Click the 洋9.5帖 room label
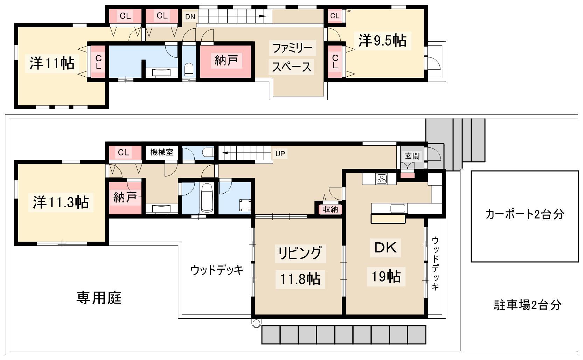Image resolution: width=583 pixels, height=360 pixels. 382,41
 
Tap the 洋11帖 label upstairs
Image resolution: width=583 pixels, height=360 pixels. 52,63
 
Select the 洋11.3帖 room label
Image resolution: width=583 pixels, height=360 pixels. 61,202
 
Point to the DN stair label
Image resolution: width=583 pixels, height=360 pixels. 190,17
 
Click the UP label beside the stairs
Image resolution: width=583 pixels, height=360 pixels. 280,154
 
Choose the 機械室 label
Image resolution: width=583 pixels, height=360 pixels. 162,152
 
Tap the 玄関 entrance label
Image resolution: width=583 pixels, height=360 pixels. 412,156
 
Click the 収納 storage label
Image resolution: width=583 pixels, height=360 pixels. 330,209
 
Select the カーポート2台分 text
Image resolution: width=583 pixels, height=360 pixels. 525,214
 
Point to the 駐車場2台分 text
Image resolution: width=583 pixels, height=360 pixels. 527,305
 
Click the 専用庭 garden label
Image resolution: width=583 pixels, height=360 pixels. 99,298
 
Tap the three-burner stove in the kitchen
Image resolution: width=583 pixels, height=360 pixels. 382,179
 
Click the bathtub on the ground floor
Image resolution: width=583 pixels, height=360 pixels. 207,198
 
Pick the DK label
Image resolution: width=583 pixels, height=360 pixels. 386,247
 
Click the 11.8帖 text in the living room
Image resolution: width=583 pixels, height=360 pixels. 300,279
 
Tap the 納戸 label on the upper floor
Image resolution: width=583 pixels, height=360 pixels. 226,60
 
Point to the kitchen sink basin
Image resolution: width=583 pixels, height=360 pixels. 398,208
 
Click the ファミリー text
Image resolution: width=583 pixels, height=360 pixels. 292,48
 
